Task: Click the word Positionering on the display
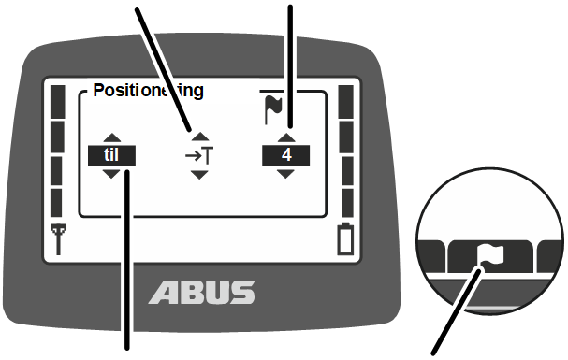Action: point(148,91)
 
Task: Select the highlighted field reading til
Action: point(111,155)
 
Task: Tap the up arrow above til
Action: point(112,137)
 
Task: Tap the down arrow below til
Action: point(111,174)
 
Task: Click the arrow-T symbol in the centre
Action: point(199,156)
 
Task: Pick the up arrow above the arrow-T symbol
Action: point(200,137)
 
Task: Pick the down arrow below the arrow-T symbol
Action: point(199,175)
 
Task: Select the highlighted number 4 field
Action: point(285,155)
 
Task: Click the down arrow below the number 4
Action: point(285,174)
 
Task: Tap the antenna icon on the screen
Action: point(58,239)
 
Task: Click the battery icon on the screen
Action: point(345,238)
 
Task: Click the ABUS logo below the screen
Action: point(202,293)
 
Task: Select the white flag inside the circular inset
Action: point(490,254)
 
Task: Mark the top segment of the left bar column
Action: point(58,102)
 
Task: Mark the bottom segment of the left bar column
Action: point(56,203)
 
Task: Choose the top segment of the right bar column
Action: point(346,102)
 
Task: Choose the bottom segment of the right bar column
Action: point(348,203)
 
